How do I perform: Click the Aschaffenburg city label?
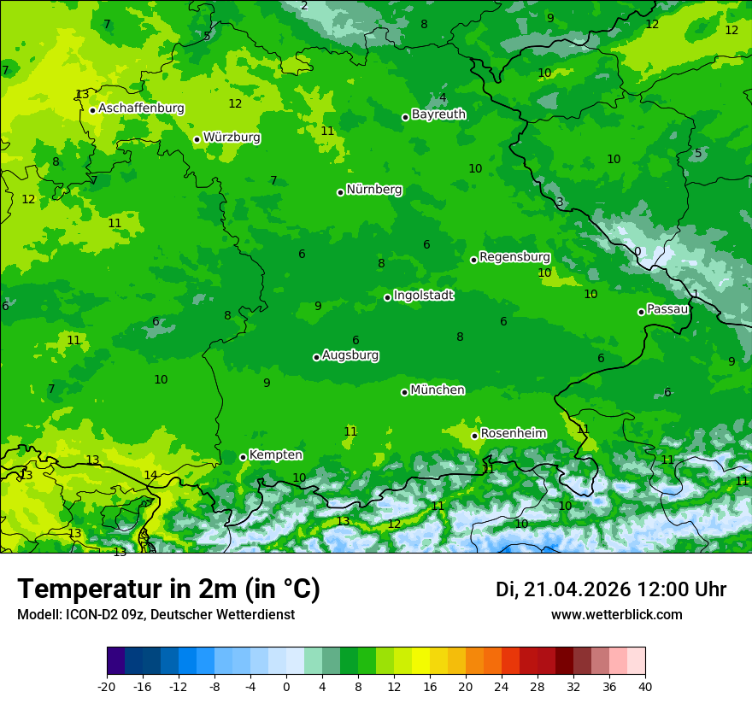point(141,108)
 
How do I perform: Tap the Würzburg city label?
point(232,138)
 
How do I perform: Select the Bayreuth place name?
point(438,114)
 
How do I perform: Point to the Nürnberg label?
point(373,190)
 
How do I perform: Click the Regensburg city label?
point(514,257)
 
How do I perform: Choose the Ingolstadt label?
point(423,296)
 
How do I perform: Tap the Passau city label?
point(667,309)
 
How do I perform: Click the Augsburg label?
point(350,355)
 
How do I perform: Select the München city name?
point(438,390)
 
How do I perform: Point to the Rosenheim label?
point(513,434)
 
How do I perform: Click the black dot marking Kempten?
point(243,457)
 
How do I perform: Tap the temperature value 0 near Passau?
point(637,251)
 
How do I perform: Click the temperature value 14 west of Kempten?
point(150,475)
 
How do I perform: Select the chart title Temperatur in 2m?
point(168,589)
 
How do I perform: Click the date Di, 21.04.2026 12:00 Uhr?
point(611,589)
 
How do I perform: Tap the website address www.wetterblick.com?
point(616,615)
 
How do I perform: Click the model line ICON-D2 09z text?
point(156,615)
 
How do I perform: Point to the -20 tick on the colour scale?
point(107,686)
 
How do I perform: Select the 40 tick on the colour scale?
point(645,686)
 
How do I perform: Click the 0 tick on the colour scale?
point(286,686)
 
